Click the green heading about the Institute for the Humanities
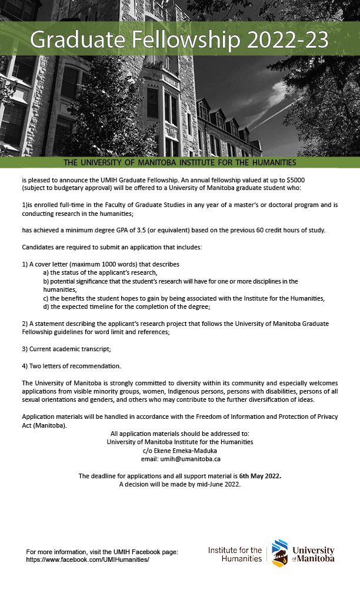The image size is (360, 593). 179,162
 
